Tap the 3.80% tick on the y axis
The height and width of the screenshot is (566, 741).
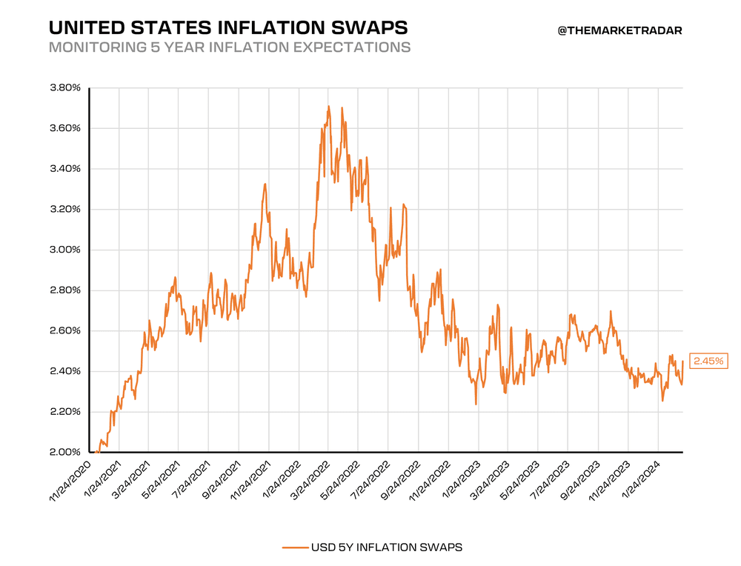(64, 88)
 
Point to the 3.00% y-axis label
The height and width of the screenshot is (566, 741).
(64, 250)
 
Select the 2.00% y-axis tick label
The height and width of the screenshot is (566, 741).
(64, 452)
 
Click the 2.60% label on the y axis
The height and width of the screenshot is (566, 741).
(64, 330)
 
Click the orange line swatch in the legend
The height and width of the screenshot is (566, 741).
(295, 547)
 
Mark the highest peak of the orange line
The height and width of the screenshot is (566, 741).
(328, 107)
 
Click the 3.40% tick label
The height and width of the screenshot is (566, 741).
(64, 169)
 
